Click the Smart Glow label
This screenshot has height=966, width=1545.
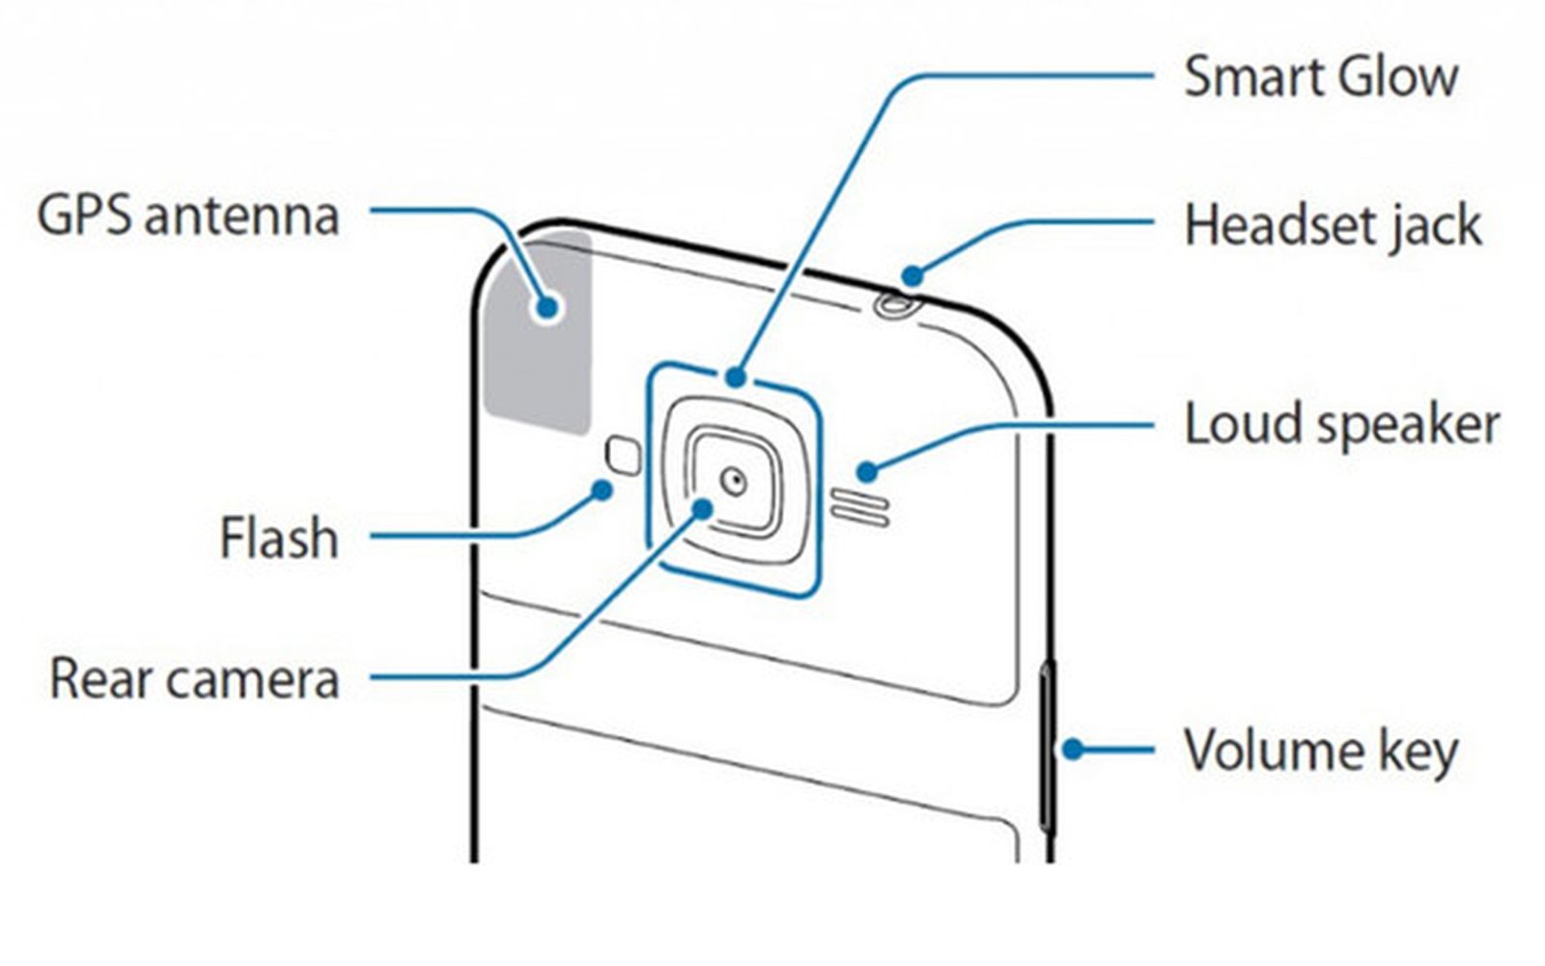click(1320, 77)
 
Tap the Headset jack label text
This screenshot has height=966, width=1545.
click(1333, 226)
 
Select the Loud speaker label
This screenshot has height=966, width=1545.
click(1341, 425)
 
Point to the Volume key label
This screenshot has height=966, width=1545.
click(1320, 752)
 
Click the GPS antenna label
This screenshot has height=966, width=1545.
click(188, 215)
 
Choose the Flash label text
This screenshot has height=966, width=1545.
click(279, 538)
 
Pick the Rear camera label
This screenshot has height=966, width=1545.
click(194, 678)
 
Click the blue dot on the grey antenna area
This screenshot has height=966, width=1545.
click(548, 308)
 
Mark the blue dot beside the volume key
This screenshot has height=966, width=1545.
click(1073, 749)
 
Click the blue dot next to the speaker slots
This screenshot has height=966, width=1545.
click(867, 471)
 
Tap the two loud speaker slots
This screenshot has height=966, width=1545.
click(859, 508)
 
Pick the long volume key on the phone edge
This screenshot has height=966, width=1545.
click(1047, 744)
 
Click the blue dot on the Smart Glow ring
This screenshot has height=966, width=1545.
click(737, 378)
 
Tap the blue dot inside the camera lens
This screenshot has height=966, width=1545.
click(703, 508)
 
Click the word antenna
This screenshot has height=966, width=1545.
click(242, 215)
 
